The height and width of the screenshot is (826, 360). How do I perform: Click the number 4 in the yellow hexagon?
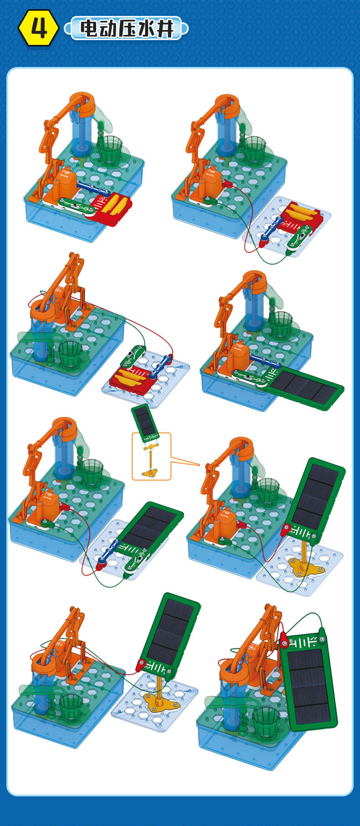point(39,29)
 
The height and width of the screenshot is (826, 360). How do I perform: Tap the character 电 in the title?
point(89,28)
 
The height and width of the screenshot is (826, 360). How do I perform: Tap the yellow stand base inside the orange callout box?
point(149,473)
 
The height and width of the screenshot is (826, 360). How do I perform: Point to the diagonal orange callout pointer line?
point(185,461)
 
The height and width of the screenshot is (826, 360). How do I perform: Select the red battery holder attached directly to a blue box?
point(113,207)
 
